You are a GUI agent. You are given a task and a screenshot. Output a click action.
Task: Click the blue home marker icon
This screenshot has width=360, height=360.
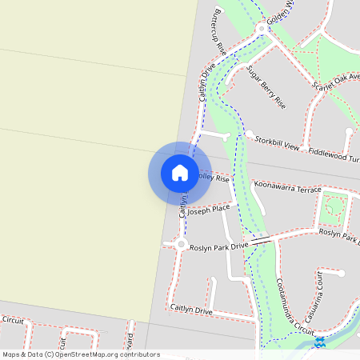(x=179, y=173)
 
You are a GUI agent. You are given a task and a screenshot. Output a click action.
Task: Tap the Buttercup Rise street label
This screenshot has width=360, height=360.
(x=216, y=33)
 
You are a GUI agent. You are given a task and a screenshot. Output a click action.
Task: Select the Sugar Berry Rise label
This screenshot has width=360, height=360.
(x=266, y=87)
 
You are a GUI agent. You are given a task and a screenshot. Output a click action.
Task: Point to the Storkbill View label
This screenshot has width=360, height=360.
(x=276, y=142)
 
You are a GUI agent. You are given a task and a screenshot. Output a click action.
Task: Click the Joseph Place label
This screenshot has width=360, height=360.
(x=209, y=210)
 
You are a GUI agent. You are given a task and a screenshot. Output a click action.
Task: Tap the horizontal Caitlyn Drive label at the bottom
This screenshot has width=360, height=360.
(x=191, y=309)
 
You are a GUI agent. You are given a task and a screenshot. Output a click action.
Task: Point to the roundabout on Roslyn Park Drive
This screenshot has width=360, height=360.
(x=182, y=245)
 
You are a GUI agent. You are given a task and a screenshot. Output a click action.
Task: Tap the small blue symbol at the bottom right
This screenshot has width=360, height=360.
(x=319, y=342)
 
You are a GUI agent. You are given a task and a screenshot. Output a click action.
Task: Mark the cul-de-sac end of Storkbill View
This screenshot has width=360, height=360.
(x=249, y=134)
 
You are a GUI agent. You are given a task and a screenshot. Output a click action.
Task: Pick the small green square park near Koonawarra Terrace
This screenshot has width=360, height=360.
(x=335, y=210)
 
